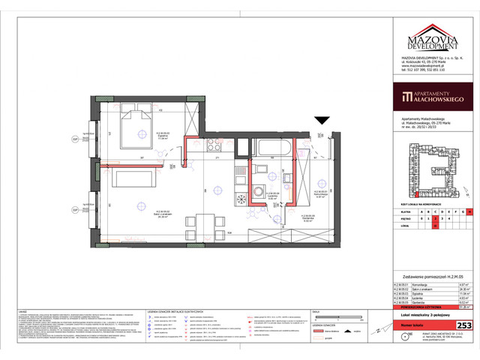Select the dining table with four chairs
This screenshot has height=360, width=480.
[204, 223]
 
